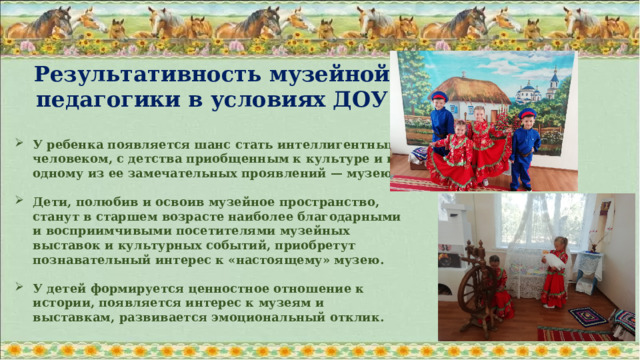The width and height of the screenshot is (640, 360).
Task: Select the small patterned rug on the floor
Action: pos(588,317)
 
